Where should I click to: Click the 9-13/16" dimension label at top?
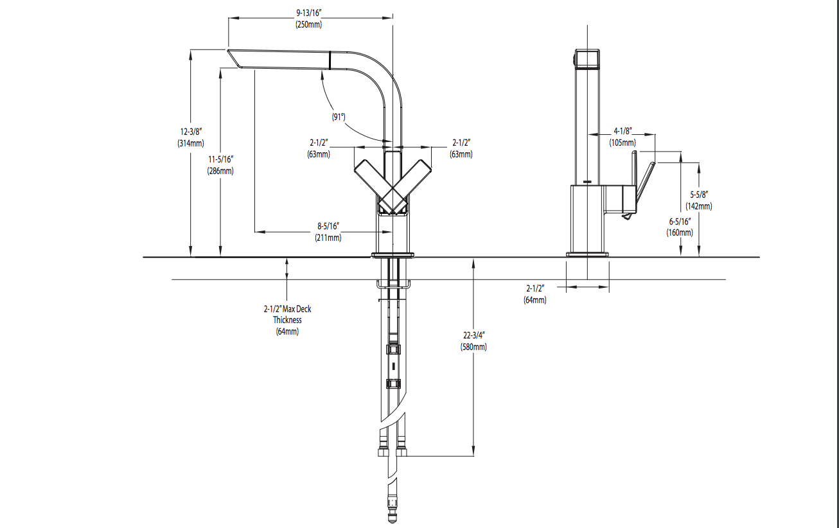pos(308,13)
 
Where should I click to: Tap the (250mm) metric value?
pos(308,24)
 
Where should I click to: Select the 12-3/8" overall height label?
pos(191,132)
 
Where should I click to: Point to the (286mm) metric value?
pos(220,172)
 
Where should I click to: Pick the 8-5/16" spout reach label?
pos(328,226)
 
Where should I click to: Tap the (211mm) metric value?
pos(328,238)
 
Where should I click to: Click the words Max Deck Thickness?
pos(287,314)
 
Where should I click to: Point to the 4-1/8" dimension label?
pos(623,130)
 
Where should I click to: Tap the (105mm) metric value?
pos(623,142)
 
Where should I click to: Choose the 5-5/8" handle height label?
pos(699,195)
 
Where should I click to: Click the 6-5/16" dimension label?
pos(680,221)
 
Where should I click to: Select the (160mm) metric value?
pos(680,233)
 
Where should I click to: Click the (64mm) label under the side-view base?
pos(535,300)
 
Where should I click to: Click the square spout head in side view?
pos(587,60)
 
